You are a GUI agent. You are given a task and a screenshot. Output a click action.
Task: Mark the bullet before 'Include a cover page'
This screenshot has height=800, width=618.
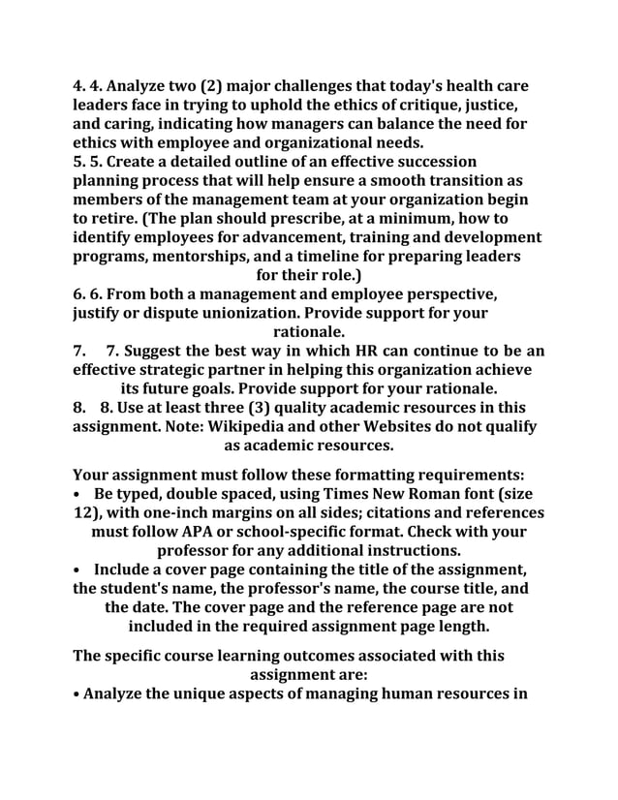click(77, 569)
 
